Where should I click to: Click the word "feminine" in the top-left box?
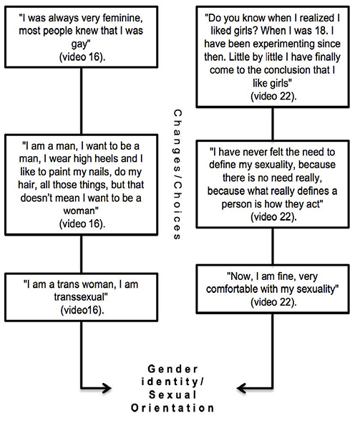coord(122,19)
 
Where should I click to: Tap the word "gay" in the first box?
coord(80,44)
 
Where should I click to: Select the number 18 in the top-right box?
coord(317,31)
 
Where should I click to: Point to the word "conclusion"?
coord(288,70)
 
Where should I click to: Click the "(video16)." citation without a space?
coord(82,310)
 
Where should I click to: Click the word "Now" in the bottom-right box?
coord(238,276)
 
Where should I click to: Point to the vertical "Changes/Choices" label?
coord(177,175)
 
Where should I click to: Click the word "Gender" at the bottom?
coord(172,369)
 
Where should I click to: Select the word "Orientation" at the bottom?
coord(172,408)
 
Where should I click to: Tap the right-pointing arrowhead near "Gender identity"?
coord(107,388)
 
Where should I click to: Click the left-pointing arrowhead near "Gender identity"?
coord(242,388)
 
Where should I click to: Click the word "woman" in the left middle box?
coord(80,210)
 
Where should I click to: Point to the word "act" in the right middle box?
coord(314,204)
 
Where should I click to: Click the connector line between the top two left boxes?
coord(81,101)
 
